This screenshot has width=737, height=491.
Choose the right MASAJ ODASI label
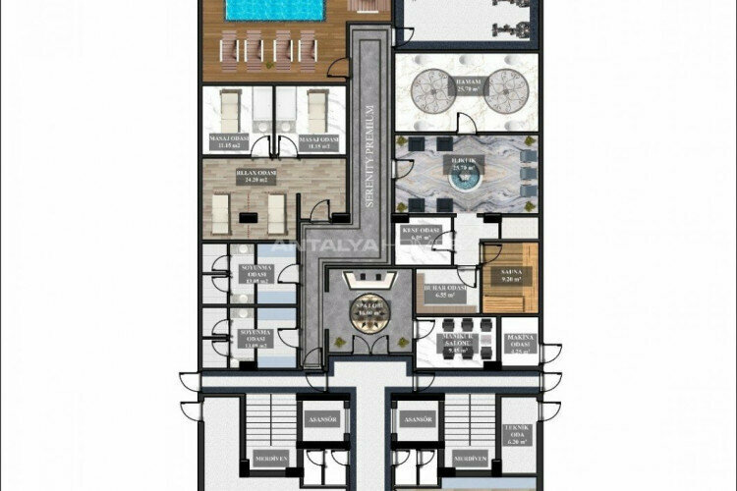click(x=318, y=142)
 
